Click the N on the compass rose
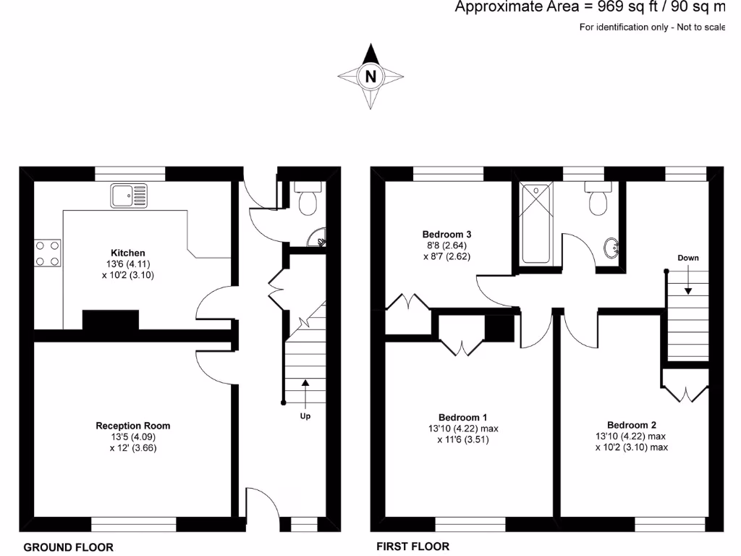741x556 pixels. pyautogui.click(x=370, y=76)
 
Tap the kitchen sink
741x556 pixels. pyautogui.click(x=128, y=195)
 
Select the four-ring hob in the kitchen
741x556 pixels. pyautogui.click(x=47, y=253)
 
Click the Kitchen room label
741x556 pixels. pyautogui.click(x=128, y=253)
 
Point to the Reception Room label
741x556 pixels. pyautogui.click(x=133, y=426)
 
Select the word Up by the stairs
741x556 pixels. pyautogui.click(x=305, y=416)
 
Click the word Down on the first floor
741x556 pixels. pyautogui.click(x=688, y=258)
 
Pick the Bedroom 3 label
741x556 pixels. pyautogui.click(x=447, y=235)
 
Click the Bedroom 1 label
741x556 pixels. pyautogui.click(x=463, y=417)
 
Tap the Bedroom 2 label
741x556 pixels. pyautogui.click(x=632, y=425)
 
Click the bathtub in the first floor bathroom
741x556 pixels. pyautogui.click(x=535, y=223)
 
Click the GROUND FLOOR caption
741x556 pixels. pyautogui.click(x=69, y=547)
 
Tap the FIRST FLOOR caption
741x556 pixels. pyautogui.click(x=412, y=547)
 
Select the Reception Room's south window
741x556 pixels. pyautogui.click(x=134, y=525)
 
